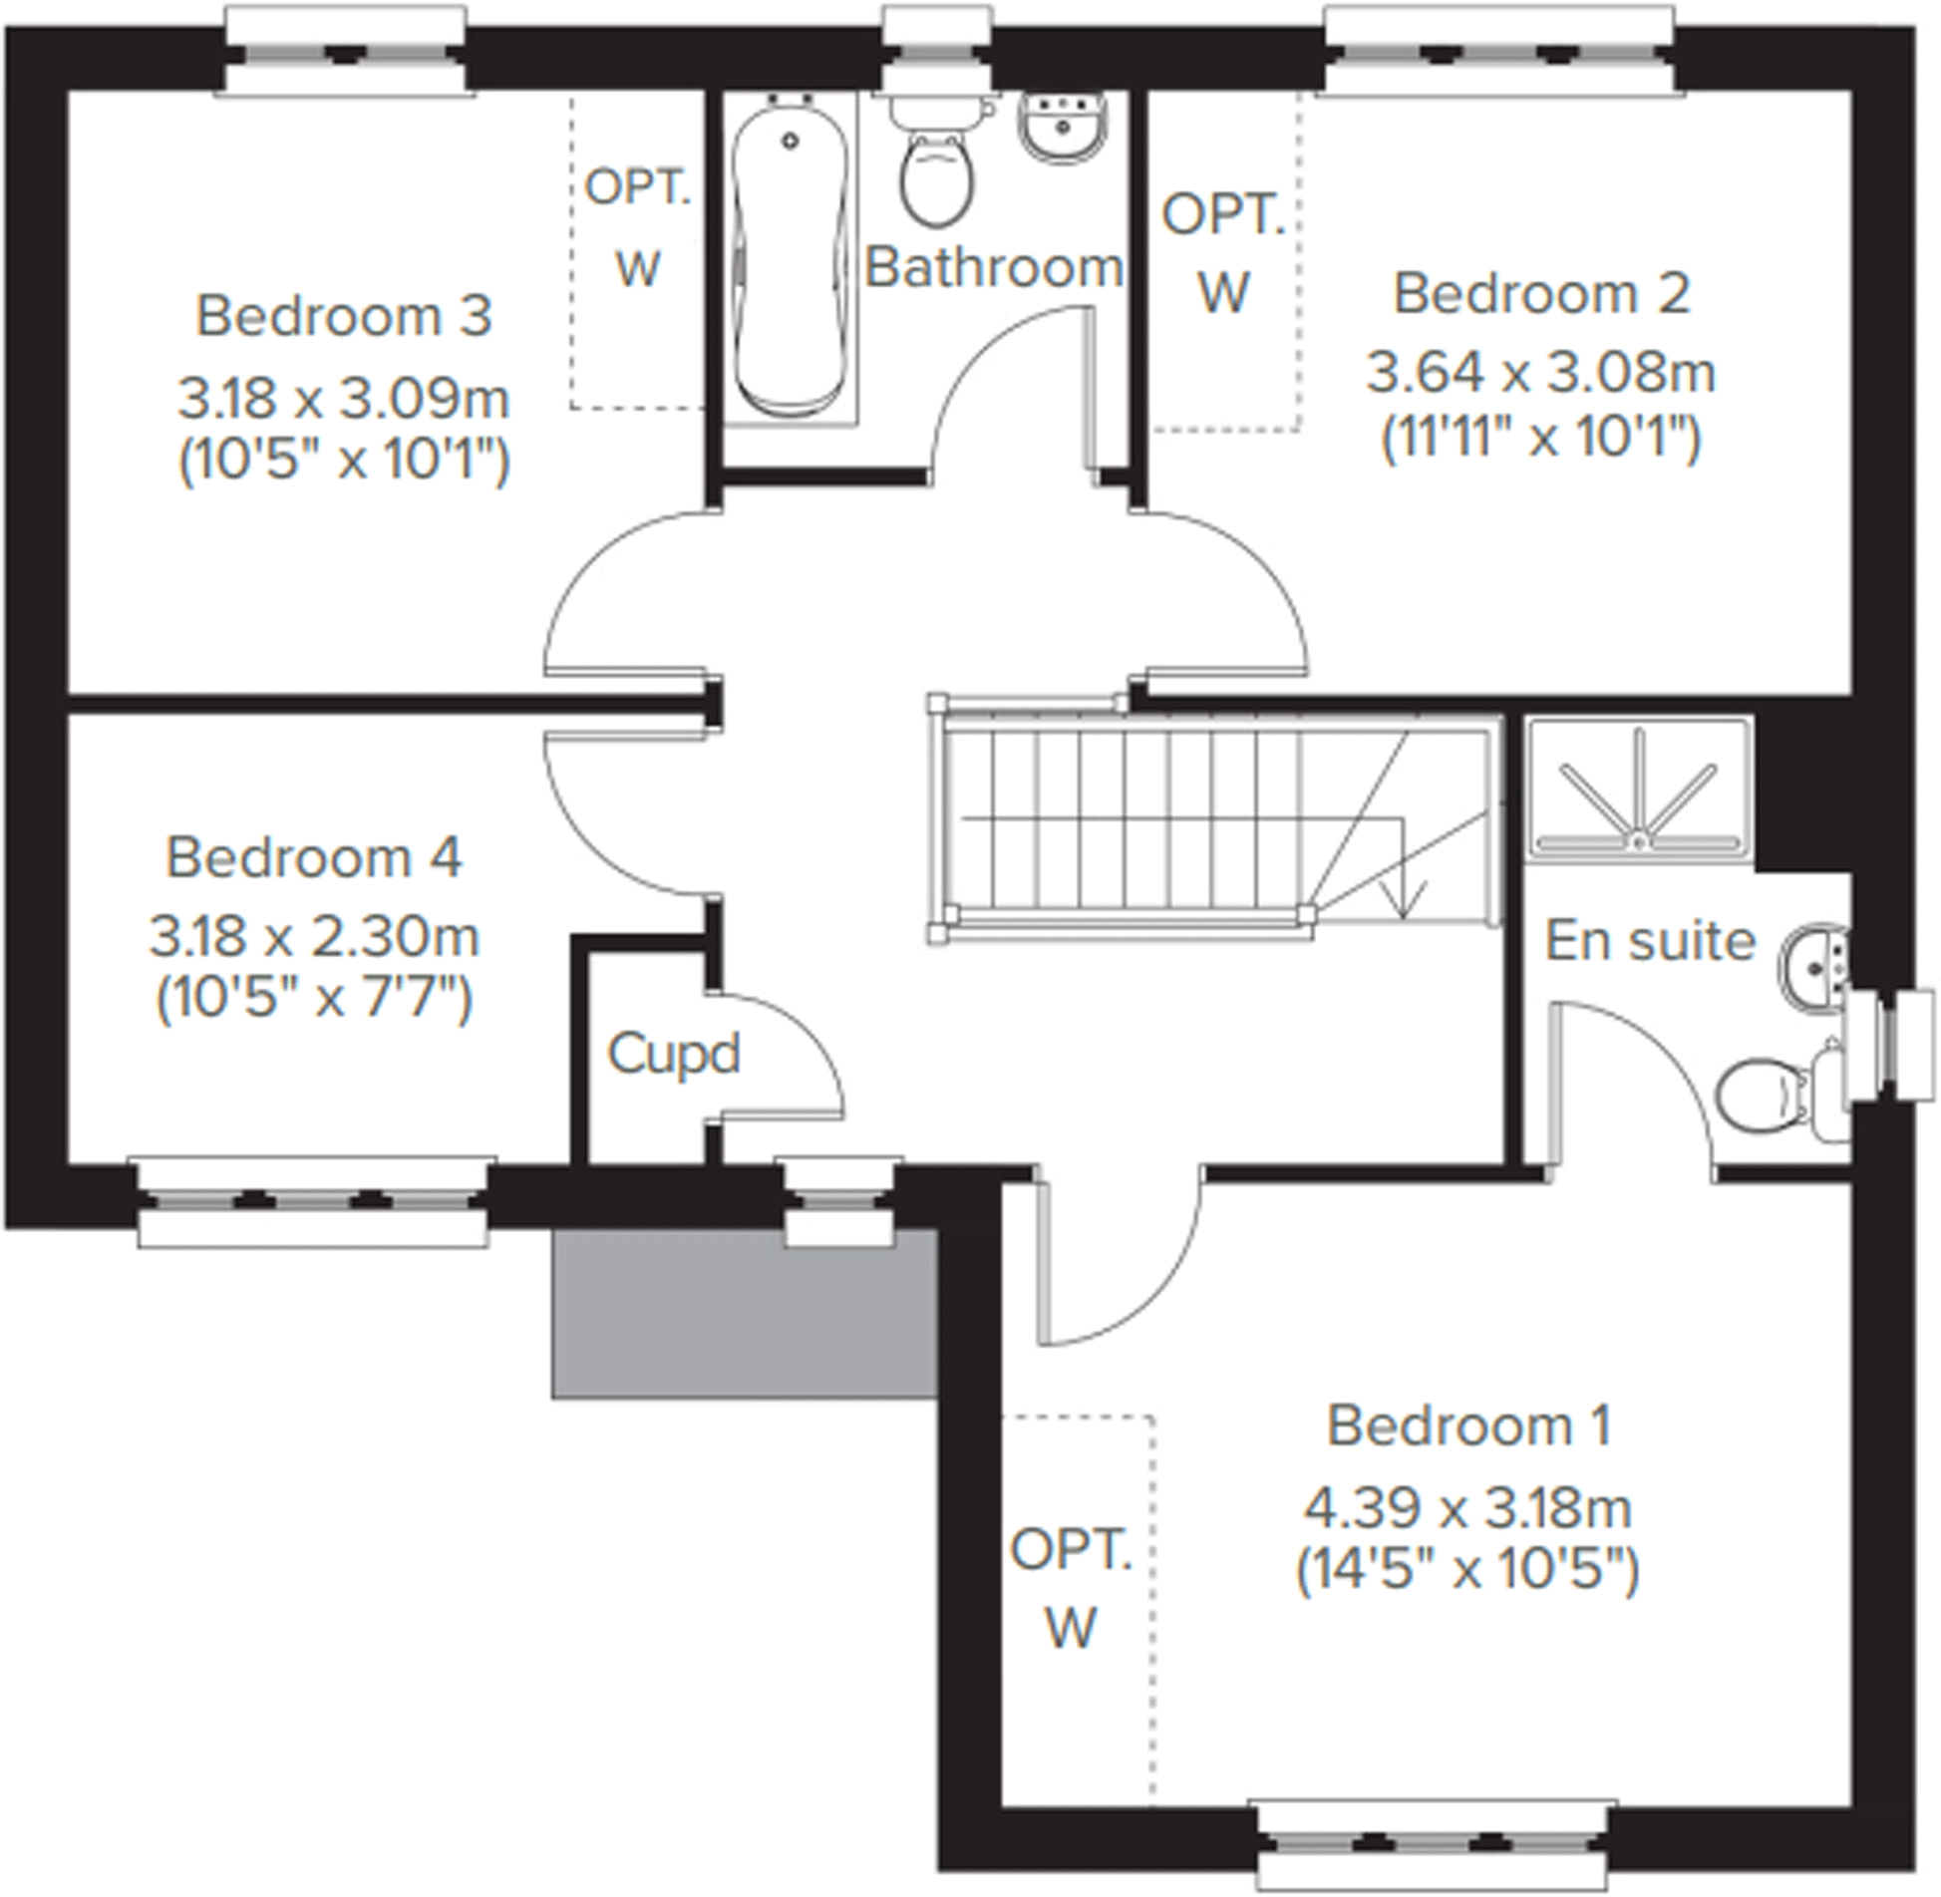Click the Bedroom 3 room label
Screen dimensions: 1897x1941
tap(343, 316)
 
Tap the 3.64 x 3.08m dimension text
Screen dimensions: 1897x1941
tap(1540, 373)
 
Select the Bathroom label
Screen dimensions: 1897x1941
tap(993, 267)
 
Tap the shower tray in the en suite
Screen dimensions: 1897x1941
tap(1639, 788)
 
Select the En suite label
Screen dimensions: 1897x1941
tap(1650, 940)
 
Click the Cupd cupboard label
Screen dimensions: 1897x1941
tap(674, 1054)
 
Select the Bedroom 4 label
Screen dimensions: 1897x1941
tap(314, 857)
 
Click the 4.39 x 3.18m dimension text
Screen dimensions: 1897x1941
tap(1467, 1508)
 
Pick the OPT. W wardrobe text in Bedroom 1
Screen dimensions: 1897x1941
tap(1072, 1589)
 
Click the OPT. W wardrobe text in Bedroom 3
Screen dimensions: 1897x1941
tap(638, 227)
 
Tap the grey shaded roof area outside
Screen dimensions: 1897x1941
tap(743, 1316)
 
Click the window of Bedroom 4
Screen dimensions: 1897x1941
tap(313, 1201)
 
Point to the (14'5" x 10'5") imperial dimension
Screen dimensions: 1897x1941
tap(1467, 1571)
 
